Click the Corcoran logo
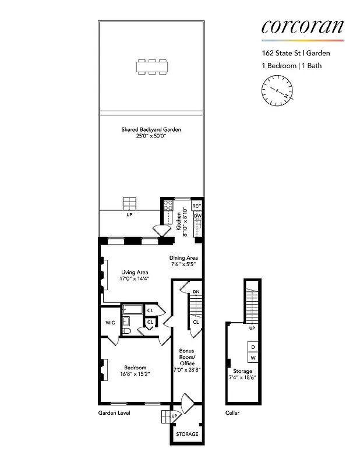point(302,26)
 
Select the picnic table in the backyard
point(151,66)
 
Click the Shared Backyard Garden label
point(151,129)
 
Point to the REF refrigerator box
point(197,206)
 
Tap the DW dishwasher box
point(197,216)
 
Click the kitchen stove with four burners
point(168,205)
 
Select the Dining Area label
point(183,258)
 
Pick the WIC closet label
point(110,322)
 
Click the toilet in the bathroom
point(126,331)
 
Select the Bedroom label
point(135,368)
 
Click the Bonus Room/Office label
point(187,357)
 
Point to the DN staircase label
point(196,291)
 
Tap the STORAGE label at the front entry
point(187,434)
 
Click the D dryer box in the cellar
point(253,347)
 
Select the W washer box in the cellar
point(253,358)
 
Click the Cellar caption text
point(232,413)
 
